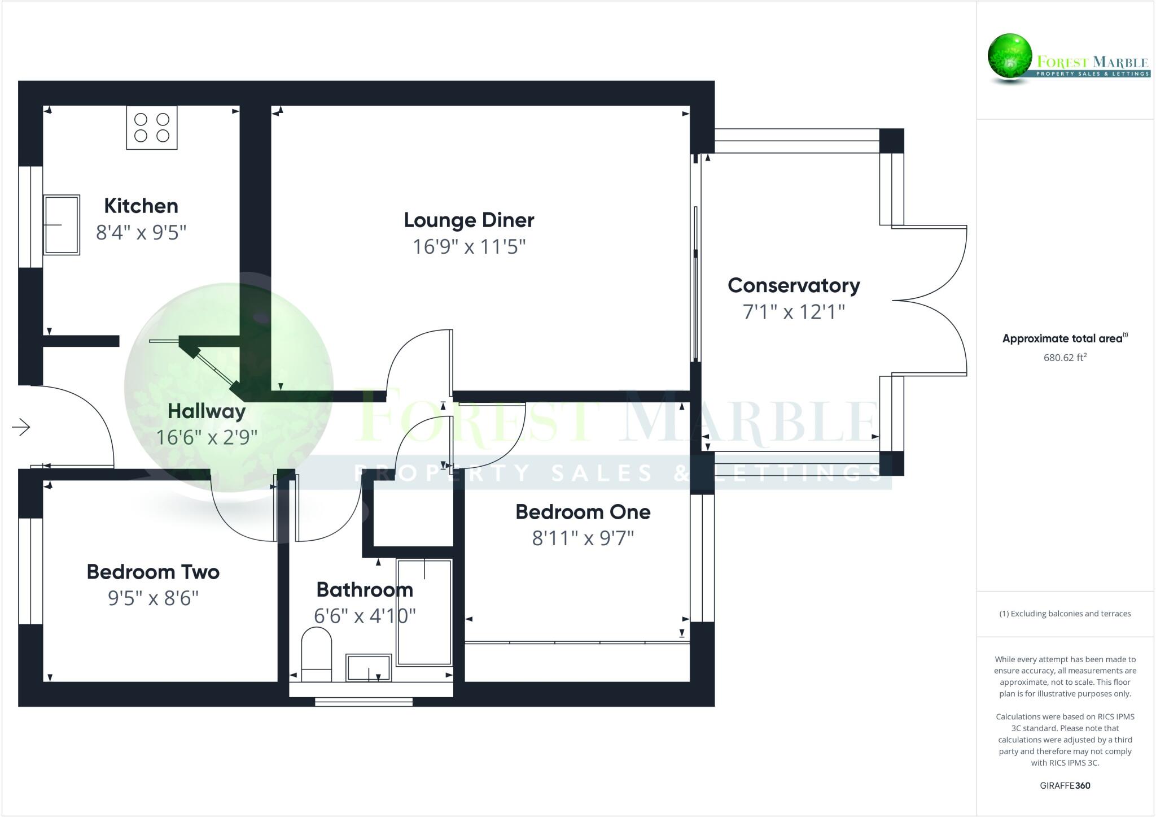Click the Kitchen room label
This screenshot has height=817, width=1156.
click(141, 206)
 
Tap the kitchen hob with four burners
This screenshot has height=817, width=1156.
click(151, 128)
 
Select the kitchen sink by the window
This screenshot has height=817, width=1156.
click(62, 225)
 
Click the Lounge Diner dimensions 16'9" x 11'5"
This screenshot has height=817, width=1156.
click(469, 247)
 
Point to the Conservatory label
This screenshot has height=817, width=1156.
click(794, 285)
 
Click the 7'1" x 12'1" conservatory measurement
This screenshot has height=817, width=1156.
click(794, 311)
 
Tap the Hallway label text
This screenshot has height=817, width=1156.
click(207, 411)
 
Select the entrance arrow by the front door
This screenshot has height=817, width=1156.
click(21, 427)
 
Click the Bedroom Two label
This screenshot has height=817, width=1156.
click(153, 572)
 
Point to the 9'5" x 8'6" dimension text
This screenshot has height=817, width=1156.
click(153, 598)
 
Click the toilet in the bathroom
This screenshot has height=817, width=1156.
click(316, 654)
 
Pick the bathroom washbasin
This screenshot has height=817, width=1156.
click(369, 667)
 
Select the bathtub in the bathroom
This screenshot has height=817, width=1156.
click(424, 612)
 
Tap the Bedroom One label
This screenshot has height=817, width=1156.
click(583, 512)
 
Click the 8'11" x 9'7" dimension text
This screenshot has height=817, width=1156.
click(583, 538)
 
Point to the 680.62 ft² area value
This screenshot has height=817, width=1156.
click(1065, 357)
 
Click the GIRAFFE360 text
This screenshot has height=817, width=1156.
click(1065, 785)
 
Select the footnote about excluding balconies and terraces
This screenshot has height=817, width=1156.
click(1065, 614)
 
